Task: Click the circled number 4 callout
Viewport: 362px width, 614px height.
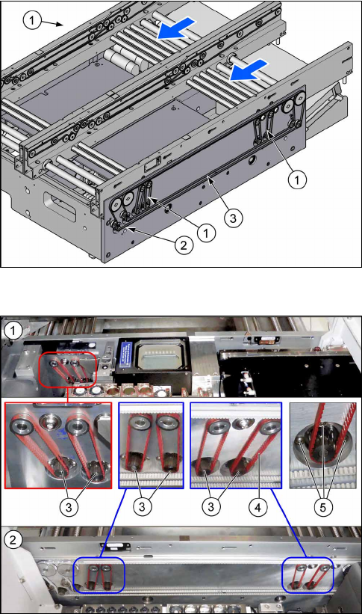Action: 258,507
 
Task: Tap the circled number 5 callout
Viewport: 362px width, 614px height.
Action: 323,507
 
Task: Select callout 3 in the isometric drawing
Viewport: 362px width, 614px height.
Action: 234,218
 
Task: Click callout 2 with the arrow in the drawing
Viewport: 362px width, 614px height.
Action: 184,245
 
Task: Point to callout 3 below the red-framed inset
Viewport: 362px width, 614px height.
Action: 69,507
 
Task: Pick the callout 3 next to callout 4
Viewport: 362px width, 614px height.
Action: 211,507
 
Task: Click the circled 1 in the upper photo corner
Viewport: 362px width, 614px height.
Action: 13,331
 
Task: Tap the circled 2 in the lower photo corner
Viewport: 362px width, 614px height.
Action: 13,541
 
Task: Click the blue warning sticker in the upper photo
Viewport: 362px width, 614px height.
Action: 125,354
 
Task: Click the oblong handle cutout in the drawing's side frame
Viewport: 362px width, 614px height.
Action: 60,204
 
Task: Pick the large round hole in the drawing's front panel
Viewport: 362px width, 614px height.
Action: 250,160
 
